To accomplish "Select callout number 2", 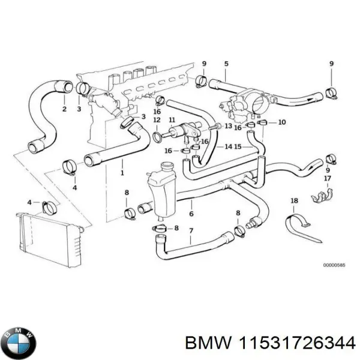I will coord(64,109).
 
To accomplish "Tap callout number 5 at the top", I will coord(226,64).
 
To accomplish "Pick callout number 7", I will coord(191,231).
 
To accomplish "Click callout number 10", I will coord(282,122).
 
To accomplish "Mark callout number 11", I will coord(172,121).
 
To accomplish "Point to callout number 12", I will coord(157,121).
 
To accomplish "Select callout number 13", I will coord(228,126).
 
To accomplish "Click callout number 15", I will coord(238,146).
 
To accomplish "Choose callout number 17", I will coord(327,178).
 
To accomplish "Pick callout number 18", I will coord(294,200).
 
